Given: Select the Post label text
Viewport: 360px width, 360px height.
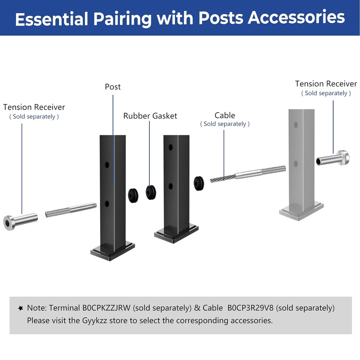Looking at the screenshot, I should (x=113, y=87).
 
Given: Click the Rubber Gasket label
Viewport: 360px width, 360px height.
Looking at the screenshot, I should (x=150, y=116).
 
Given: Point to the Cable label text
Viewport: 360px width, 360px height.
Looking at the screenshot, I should (x=225, y=116).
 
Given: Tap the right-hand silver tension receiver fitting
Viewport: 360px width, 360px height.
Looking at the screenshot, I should (x=333, y=158).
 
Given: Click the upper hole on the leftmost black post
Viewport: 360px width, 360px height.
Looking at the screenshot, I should (x=107, y=165).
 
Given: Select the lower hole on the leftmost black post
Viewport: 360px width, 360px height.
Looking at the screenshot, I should (x=107, y=204).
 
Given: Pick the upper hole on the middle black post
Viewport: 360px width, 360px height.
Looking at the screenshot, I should (x=170, y=147).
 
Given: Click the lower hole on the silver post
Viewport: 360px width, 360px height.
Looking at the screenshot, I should (x=296, y=164).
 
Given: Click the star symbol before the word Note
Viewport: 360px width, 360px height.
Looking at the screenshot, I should (x=21, y=308).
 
